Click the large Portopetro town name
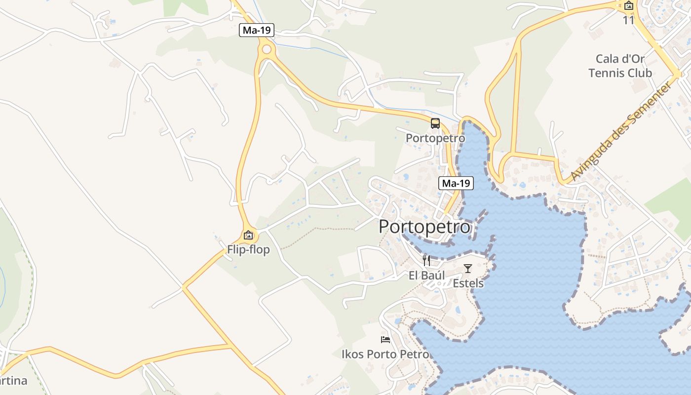[425, 227]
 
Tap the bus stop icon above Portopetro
[435, 123]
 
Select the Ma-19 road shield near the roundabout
[257, 30]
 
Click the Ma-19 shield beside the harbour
[456, 183]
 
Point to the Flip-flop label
[248, 250]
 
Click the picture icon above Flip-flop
[248, 236]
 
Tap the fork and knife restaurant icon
[426, 261]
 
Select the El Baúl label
[427, 276]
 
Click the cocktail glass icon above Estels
[468, 269]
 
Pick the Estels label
[468, 283]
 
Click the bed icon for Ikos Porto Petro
[385, 340]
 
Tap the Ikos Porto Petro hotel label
[385, 355]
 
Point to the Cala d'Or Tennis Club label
[620, 66]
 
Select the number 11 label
[628, 20]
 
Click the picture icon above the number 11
[629, 6]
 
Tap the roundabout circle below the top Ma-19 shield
[267, 49]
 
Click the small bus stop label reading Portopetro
[435, 138]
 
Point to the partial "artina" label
[13, 381]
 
